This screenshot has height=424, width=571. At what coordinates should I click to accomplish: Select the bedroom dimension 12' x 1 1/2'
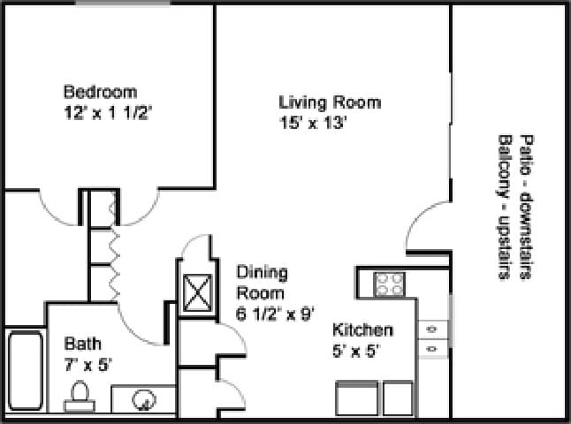110,112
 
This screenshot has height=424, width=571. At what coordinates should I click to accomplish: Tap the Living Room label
330,102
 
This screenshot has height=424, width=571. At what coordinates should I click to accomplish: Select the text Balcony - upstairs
505,207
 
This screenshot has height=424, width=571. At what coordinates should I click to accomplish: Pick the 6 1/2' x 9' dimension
275,314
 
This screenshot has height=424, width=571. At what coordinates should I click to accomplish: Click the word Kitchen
362,330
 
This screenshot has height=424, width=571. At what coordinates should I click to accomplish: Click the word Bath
82,343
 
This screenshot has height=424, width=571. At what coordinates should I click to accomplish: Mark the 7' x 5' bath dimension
88,364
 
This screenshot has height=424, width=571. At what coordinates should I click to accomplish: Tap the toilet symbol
79,395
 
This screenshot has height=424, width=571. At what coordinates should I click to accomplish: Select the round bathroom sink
142,400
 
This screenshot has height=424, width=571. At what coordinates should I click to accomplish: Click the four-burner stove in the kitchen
389,284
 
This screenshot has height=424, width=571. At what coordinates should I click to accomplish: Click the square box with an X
195,293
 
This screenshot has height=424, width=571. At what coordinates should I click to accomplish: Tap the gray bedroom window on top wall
122,4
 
